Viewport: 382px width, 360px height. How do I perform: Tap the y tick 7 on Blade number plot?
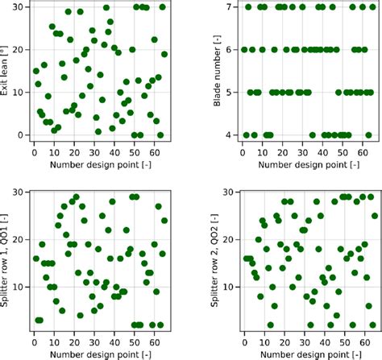point(230,7)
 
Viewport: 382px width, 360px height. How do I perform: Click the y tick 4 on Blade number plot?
point(230,135)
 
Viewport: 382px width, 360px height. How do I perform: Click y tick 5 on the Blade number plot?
point(230,93)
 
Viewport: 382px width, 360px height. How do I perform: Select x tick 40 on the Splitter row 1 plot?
point(113,340)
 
